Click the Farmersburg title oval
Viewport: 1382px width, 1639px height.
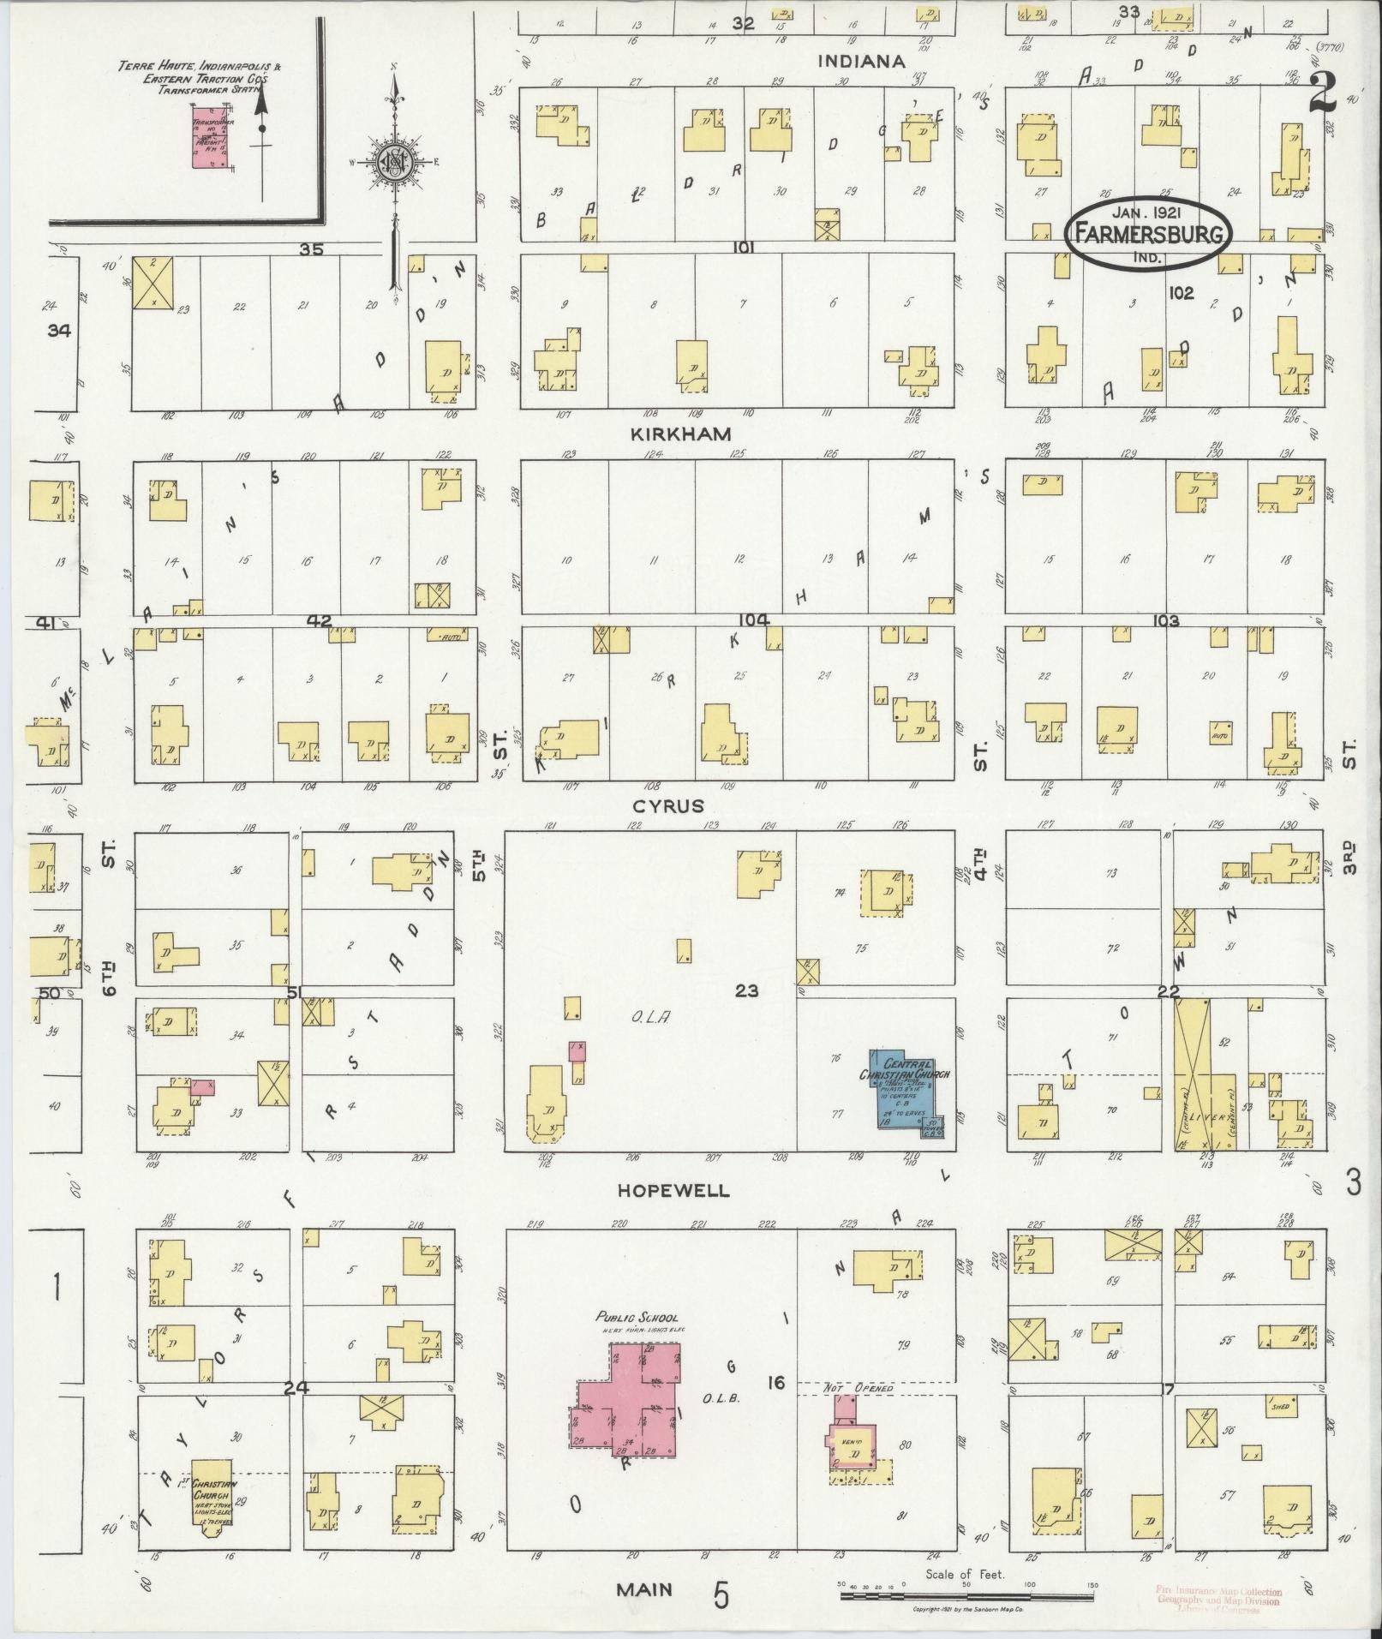click(1149, 230)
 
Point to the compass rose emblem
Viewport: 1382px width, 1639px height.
click(395, 160)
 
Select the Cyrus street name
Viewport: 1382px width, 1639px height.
click(667, 806)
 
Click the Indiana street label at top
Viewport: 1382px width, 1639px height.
click(861, 62)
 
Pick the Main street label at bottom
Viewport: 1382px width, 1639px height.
click(643, 1590)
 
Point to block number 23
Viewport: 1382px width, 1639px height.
click(746, 990)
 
